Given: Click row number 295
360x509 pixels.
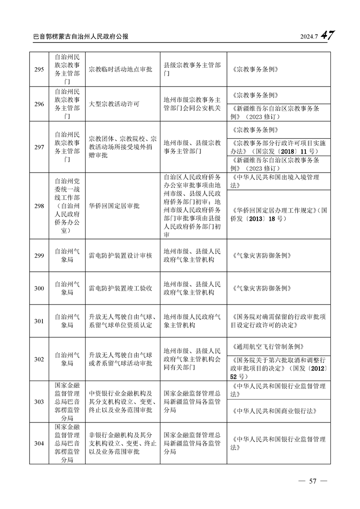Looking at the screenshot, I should point(39,70).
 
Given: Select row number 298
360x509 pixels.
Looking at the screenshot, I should point(39,206).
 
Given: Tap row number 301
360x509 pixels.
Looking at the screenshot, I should point(39,321).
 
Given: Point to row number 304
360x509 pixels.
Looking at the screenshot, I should point(39,443).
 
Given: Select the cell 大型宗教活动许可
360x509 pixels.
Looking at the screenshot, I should point(114,104).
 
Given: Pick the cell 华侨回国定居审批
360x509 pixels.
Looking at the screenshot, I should point(114,206).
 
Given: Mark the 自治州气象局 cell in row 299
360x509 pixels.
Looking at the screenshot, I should point(67,256).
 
